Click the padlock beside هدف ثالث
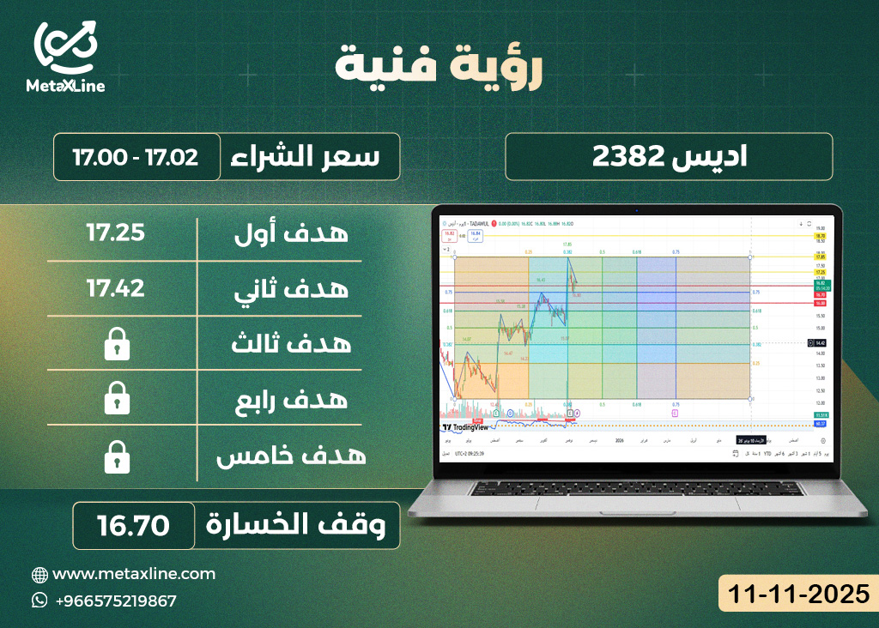coord(116,346)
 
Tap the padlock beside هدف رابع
coord(116,400)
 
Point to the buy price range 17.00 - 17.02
coord(136,157)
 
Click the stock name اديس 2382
coord(670,157)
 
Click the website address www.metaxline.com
coord(134,574)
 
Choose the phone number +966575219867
coord(115,601)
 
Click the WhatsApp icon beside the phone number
coord(39,601)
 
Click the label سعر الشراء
coord(313,157)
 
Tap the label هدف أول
coord(292,232)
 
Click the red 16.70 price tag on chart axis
coord(821,295)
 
